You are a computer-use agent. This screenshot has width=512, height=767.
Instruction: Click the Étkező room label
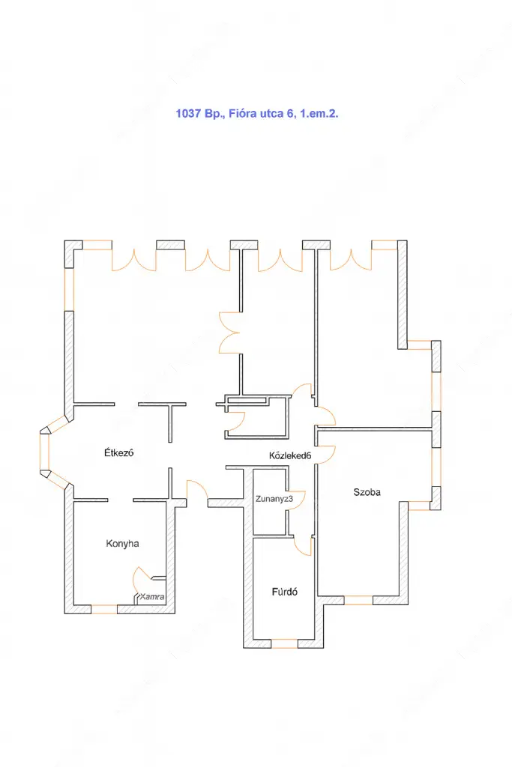point(118,452)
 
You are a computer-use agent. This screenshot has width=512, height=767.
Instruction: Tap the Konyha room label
point(122,544)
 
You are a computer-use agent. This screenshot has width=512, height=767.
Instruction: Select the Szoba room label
point(367,492)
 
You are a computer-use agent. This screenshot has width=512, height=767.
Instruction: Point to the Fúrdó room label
point(284,592)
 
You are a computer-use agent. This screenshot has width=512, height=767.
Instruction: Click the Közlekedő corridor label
point(290,456)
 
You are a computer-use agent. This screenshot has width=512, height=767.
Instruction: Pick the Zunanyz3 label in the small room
point(274,499)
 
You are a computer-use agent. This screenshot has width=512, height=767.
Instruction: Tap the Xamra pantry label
point(151,597)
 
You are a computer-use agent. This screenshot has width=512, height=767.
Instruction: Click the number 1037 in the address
point(188,114)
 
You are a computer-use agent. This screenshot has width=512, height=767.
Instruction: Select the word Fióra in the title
point(243,114)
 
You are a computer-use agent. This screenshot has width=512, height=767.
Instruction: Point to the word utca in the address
point(271,114)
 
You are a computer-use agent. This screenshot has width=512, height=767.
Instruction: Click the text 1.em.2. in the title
point(319,114)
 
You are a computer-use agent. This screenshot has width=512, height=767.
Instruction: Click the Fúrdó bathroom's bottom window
point(284,643)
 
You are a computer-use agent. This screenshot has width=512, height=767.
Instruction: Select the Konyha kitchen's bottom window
point(104,609)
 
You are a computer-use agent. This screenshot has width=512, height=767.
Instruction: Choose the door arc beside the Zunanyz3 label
point(298,500)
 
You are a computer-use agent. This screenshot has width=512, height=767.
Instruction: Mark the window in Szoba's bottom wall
point(358,600)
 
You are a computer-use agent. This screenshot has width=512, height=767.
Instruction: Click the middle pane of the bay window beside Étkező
point(44,452)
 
